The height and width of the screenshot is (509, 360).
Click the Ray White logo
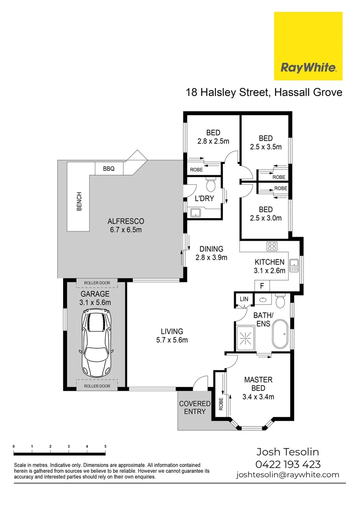pos(308,46)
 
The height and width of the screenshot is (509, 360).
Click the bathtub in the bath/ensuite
pos(280,333)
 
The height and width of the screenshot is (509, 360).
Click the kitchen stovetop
pos(272,246)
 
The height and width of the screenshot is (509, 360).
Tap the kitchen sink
pos(295,266)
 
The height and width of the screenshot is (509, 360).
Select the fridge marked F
pos(262,286)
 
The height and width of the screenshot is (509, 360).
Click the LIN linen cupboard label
pos(244,299)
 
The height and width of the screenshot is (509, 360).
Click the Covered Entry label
pos(195,408)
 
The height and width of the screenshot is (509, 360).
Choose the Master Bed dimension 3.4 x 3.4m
pos(258,397)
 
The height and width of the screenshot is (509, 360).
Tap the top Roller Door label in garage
pos(97,283)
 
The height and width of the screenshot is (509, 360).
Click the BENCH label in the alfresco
pos(79,202)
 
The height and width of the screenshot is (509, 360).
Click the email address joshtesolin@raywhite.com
pos(287,475)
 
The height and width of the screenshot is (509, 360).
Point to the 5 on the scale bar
pos(105,446)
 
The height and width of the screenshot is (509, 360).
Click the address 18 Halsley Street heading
pos(263,92)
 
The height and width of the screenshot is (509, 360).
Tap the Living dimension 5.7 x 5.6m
pos(172,340)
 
